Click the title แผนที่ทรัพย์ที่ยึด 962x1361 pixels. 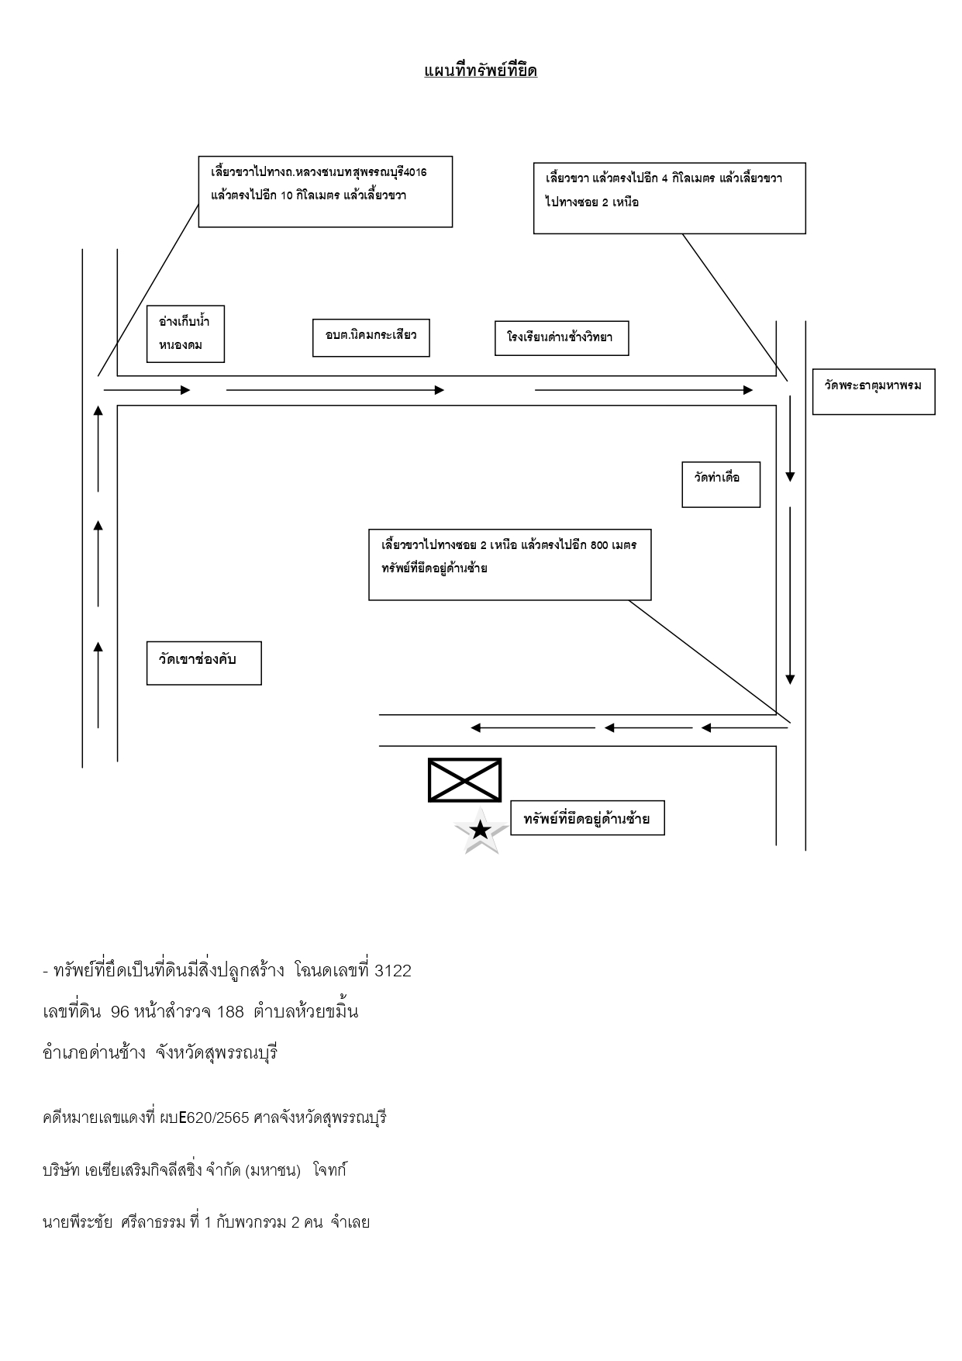(x=481, y=71)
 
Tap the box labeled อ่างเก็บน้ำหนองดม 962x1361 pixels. (x=185, y=333)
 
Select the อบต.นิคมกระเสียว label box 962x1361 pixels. (x=371, y=337)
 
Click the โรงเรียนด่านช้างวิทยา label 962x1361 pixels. (x=562, y=338)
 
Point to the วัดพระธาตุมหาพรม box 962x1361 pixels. (x=874, y=392)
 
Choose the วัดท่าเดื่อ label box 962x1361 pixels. (x=721, y=485)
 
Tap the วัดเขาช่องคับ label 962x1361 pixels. (x=204, y=663)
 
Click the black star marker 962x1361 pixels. (x=481, y=831)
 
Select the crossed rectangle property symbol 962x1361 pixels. (x=465, y=780)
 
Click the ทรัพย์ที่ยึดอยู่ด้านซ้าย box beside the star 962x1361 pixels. (x=588, y=818)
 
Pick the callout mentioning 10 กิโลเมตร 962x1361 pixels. (x=326, y=192)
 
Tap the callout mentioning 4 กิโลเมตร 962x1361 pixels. (x=670, y=198)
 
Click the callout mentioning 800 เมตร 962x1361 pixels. (x=510, y=565)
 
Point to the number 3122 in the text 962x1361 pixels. (x=393, y=971)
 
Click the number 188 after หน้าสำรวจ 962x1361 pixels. (x=230, y=1012)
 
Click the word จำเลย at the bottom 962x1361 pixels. (x=350, y=1223)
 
